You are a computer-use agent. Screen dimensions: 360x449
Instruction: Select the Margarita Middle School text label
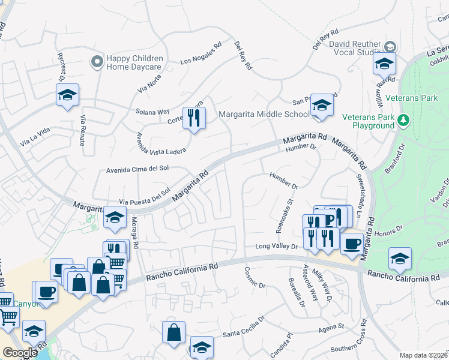tap(264, 114)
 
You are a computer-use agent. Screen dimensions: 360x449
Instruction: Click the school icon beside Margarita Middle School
tap(322, 106)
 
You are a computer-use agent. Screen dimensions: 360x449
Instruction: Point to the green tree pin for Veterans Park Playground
tap(404, 121)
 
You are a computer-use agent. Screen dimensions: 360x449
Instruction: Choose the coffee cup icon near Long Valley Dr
tap(352, 244)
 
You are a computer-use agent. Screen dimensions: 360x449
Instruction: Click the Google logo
tap(20, 353)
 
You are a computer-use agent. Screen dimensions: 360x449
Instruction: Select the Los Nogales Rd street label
tap(201, 53)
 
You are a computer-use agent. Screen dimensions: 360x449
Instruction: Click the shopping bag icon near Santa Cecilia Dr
tap(173, 332)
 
